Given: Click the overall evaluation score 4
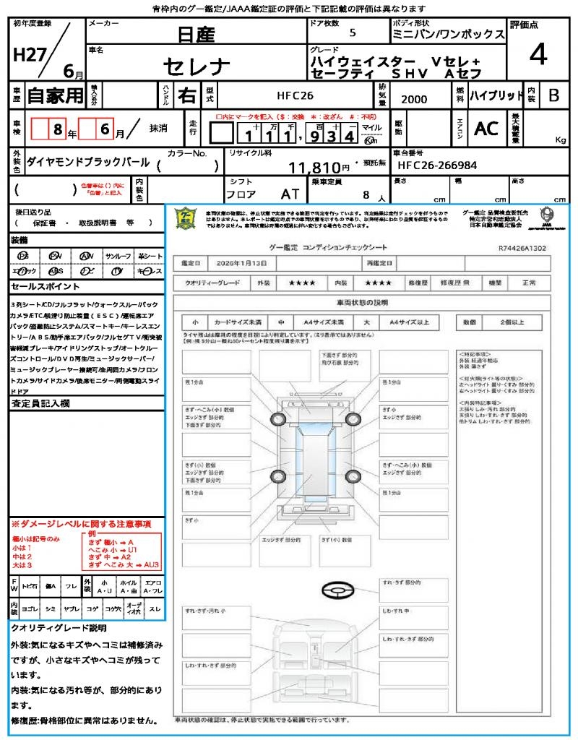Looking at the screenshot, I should (x=538, y=55).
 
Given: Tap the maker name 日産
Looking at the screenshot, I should (x=196, y=35).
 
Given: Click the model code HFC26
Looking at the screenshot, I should (x=296, y=95).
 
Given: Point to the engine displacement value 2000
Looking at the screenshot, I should (x=413, y=100).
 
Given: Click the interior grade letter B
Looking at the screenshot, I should (x=553, y=95).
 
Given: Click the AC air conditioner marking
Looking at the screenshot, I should (x=486, y=129).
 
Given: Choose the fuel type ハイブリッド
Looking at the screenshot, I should (x=496, y=95).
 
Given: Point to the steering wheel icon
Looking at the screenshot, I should (x=339, y=589).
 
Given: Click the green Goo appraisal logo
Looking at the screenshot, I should (x=186, y=218).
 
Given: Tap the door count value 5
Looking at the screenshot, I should (x=352, y=33).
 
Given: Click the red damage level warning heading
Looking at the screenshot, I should (x=81, y=523).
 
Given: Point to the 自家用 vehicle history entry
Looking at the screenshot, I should (x=55, y=95).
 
